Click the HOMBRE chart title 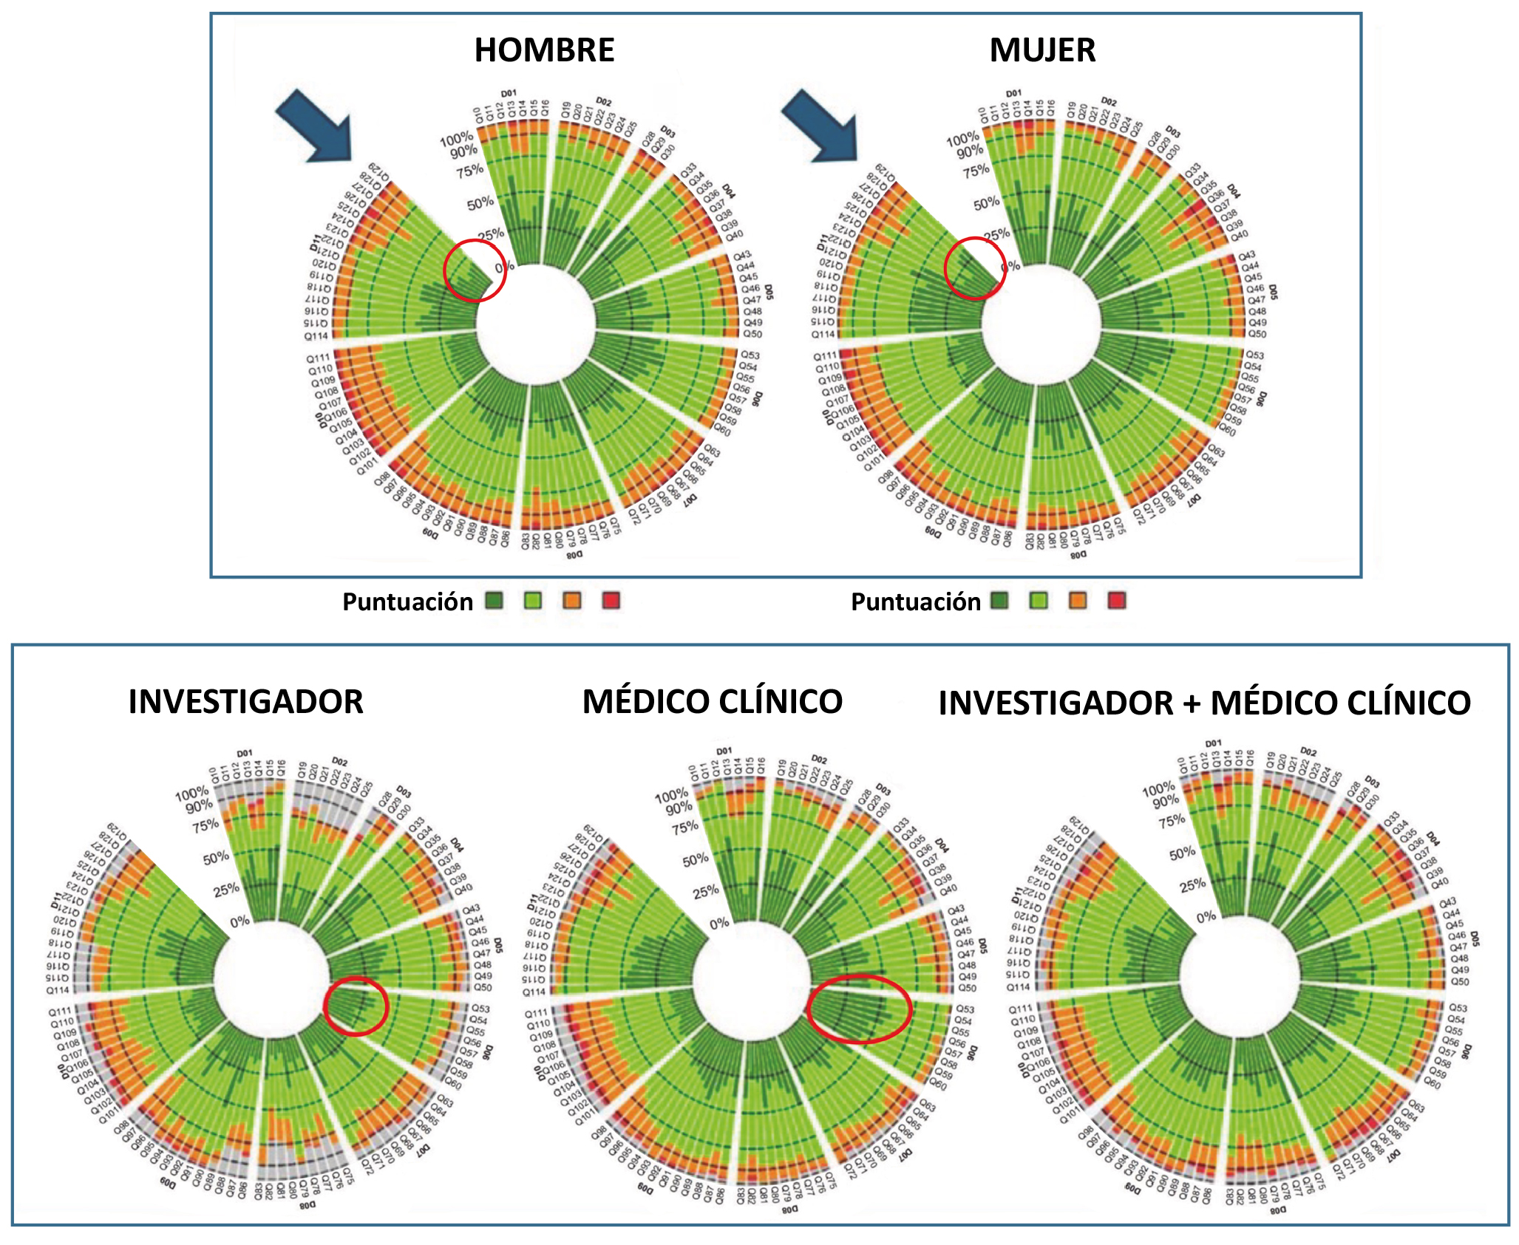(544, 50)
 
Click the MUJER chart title (1042, 50)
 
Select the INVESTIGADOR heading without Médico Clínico (245, 701)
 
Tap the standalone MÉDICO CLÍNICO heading (712, 701)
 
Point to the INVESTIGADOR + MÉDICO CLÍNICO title (1204, 703)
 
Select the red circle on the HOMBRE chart (475, 270)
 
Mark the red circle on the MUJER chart (975, 268)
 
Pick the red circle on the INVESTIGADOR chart (356, 1006)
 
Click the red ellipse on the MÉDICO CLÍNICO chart (859, 1009)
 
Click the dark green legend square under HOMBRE (494, 601)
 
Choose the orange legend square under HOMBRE (572, 601)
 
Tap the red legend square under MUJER (1116, 601)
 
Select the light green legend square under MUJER (1039, 601)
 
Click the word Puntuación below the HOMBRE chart (407, 602)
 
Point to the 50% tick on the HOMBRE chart (480, 202)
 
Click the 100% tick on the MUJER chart (962, 139)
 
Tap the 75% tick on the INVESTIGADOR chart (205, 825)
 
